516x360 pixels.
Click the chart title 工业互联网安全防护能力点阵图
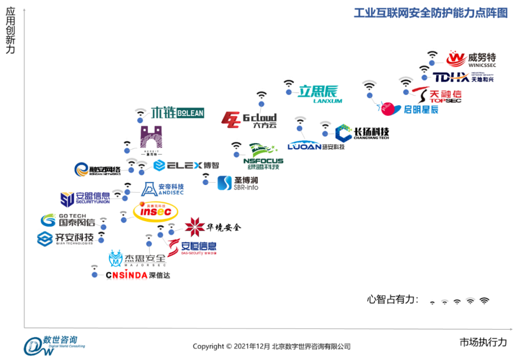[430, 13]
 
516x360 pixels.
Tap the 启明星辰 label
[420, 109]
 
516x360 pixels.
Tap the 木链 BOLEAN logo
[177, 113]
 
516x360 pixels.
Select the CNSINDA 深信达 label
[138, 275]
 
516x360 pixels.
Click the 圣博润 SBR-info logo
[238, 183]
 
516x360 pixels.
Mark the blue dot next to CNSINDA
[95, 274]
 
